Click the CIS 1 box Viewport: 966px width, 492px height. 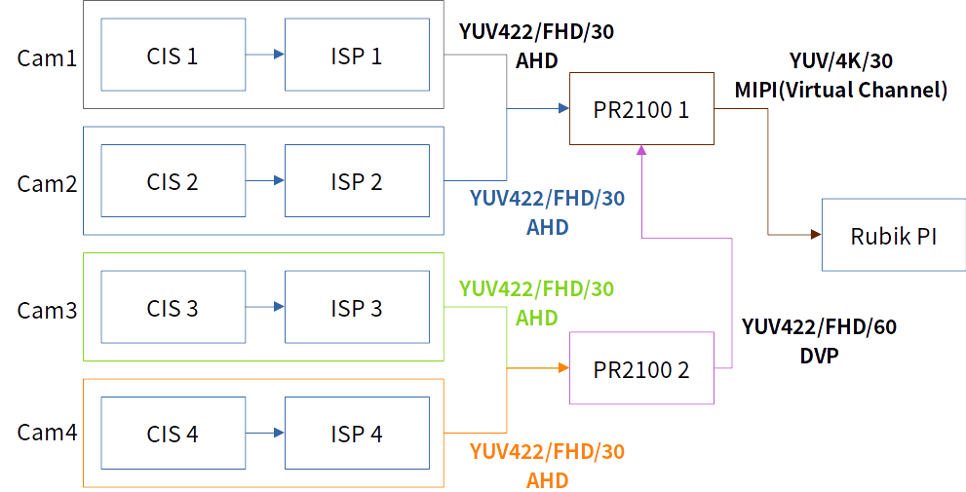[173, 56]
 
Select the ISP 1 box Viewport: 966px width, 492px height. [356, 56]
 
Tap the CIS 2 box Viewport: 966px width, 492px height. [173, 181]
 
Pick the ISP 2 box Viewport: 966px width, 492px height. [356, 181]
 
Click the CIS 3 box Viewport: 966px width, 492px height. [173, 308]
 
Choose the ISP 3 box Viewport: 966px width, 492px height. [356, 308]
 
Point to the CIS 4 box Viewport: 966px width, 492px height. [173, 434]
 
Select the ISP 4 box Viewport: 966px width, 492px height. [356, 434]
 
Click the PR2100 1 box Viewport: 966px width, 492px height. [640, 109]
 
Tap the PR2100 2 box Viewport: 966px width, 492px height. [640, 369]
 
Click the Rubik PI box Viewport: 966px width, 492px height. [894, 235]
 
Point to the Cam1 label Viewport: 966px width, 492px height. [47, 57]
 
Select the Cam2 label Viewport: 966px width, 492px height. [47, 183]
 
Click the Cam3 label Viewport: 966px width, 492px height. [47, 310]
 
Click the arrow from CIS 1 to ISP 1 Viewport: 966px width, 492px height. [264, 56]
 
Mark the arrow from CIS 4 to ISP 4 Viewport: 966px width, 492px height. [264, 434]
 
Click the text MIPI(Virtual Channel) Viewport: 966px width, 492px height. [841, 91]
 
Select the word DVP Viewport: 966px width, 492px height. [819, 357]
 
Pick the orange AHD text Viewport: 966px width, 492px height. [547, 480]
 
